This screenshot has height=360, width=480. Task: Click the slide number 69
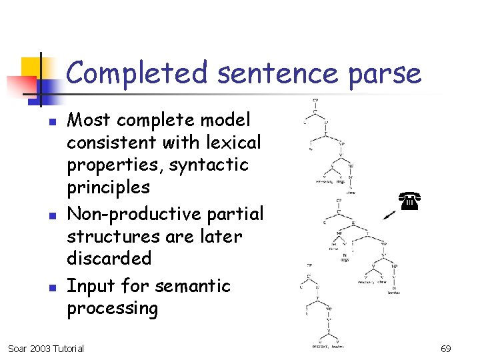pyautogui.click(x=445, y=349)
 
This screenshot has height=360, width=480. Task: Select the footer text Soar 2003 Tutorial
pyautogui.click(x=46, y=349)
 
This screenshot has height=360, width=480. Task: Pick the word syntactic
pyautogui.click(x=208, y=165)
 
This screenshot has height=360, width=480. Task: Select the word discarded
pyautogui.click(x=109, y=258)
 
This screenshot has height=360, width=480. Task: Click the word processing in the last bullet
pyautogui.click(x=112, y=309)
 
